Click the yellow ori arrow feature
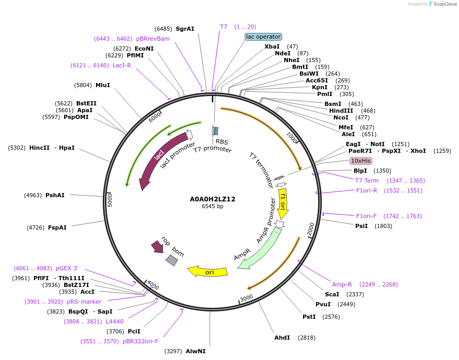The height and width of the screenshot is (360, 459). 209,272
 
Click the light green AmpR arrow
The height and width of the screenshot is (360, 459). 259,249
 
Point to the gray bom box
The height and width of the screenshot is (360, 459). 172,260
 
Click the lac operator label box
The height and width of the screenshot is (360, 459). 263,37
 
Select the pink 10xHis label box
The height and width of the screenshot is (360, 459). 360,161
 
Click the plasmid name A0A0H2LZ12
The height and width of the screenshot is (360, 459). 212,199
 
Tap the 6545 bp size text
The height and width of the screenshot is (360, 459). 212,207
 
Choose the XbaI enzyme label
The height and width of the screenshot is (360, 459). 272,46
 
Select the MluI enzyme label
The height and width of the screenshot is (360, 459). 103,85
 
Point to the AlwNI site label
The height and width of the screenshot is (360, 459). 196,351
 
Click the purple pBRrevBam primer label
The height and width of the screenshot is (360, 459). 153,39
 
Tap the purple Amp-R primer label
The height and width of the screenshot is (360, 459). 342,284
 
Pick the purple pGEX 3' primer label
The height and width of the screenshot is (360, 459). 67,268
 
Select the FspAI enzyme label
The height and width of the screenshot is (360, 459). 57,227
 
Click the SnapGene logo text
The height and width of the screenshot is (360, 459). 444,4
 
